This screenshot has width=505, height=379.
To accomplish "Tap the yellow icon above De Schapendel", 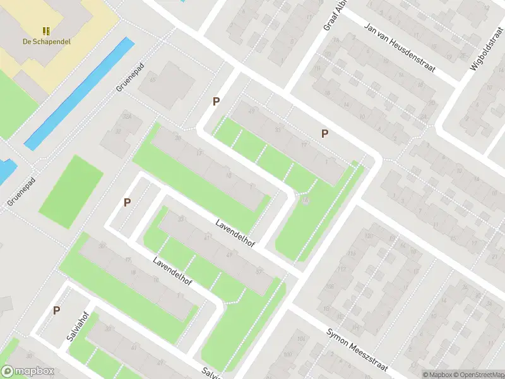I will point(45,30).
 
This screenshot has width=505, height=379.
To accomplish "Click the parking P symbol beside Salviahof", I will point(56,310).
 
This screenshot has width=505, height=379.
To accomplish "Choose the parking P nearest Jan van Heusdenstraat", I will point(324,133).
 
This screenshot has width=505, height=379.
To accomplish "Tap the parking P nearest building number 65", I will point(216,101).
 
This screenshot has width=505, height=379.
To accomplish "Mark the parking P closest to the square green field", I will point(127,202).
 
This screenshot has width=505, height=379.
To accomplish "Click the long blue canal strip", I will point(79,95).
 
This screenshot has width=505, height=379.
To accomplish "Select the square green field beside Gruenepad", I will point(71,183).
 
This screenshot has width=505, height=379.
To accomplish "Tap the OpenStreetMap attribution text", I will point(477,375).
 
